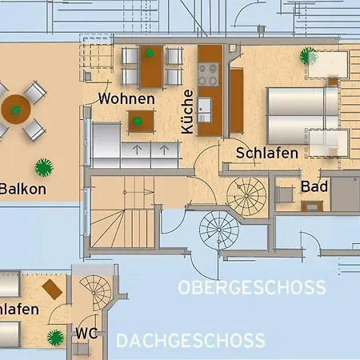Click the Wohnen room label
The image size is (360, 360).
(x=126, y=98)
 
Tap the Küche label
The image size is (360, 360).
(x=187, y=112)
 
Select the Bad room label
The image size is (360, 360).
(x=314, y=186)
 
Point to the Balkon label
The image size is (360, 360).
(x=23, y=189)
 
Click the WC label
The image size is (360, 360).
(x=86, y=334)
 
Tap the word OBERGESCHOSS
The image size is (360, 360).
(x=252, y=287)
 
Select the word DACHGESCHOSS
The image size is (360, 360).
(x=190, y=341)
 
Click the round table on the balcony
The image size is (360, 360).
(x=16, y=109)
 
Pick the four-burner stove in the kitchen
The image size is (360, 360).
(x=208, y=74)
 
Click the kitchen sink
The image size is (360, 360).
(x=204, y=110)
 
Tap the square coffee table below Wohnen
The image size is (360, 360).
(x=141, y=122)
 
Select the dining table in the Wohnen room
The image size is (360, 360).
(x=151, y=66)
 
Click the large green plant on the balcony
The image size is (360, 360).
(x=44, y=168)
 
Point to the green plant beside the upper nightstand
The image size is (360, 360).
(x=308, y=56)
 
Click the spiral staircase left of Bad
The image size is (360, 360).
(x=246, y=196)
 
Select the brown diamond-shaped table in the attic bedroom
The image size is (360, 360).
(x=52, y=290)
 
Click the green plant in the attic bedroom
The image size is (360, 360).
(x=55, y=338)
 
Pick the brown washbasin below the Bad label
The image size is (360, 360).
(x=312, y=206)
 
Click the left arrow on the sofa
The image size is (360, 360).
(x=137, y=150)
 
